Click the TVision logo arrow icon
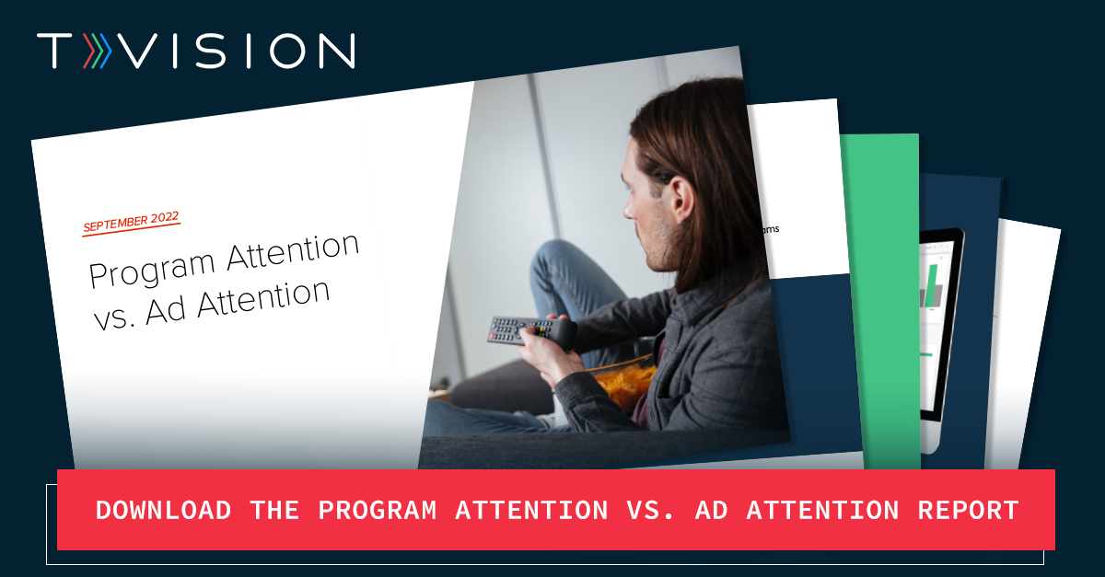98,52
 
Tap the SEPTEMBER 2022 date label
131,222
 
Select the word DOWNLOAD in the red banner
163,510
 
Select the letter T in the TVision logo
53,52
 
